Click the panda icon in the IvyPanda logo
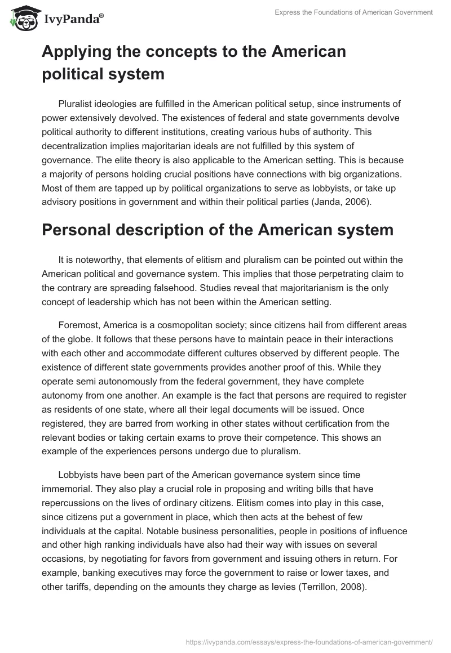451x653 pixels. click(x=22, y=19)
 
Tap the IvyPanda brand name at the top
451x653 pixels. click(x=73, y=20)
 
